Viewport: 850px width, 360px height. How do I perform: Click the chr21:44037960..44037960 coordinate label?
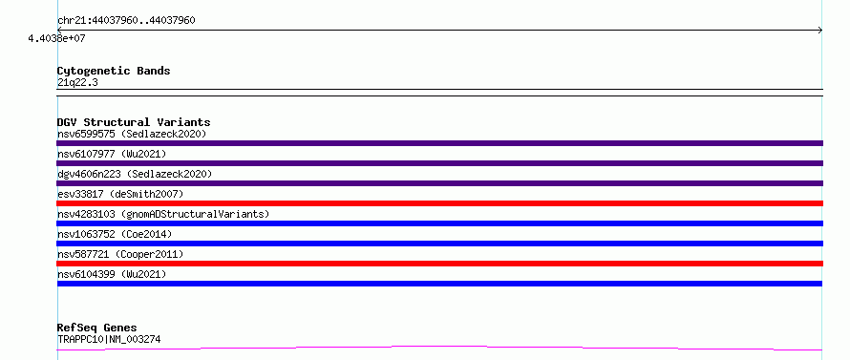pyautogui.click(x=126, y=21)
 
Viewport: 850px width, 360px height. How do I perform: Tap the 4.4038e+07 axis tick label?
pyautogui.click(x=57, y=38)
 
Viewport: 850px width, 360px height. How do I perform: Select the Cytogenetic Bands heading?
pyautogui.click(x=114, y=71)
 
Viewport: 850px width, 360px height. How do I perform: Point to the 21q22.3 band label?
pyautogui.click(x=77, y=83)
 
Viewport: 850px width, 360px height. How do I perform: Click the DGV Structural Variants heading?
pyautogui.click(x=134, y=122)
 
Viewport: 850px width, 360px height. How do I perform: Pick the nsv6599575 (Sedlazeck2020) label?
pyautogui.click(x=132, y=134)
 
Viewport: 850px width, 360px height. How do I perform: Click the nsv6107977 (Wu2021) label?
pyautogui.click(x=112, y=154)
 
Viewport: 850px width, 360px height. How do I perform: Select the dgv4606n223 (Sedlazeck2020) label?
pyautogui.click(x=135, y=174)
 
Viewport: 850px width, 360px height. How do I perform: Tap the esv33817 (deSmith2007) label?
pyautogui.click(x=120, y=194)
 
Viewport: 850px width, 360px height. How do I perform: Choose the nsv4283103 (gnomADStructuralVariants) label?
pyautogui.click(x=163, y=214)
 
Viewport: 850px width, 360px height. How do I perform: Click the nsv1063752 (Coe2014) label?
pyautogui.click(x=115, y=234)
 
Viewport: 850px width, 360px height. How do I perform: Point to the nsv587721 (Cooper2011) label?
pyautogui.click(x=120, y=254)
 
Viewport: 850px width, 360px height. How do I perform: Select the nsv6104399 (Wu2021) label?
pyautogui.click(x=112, y=274)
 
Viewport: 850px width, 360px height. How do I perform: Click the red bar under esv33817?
pyautogui.click(x=439, y=203)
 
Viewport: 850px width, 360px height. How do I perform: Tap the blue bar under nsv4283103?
pyautogui.click(x=439, y=223)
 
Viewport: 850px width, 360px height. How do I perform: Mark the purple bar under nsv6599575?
pyautogui.click(x=439, y=143)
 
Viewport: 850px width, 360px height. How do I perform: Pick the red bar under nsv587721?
pyautogui.click(x=439, y=264)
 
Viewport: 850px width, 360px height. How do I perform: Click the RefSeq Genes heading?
pyautogui.click(x=96, y=328)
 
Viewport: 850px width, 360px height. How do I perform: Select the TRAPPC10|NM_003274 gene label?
pyautogui.click(x=109, y=340)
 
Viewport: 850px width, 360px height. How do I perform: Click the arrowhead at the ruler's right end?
pyautogui.click(x=820, y=31)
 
